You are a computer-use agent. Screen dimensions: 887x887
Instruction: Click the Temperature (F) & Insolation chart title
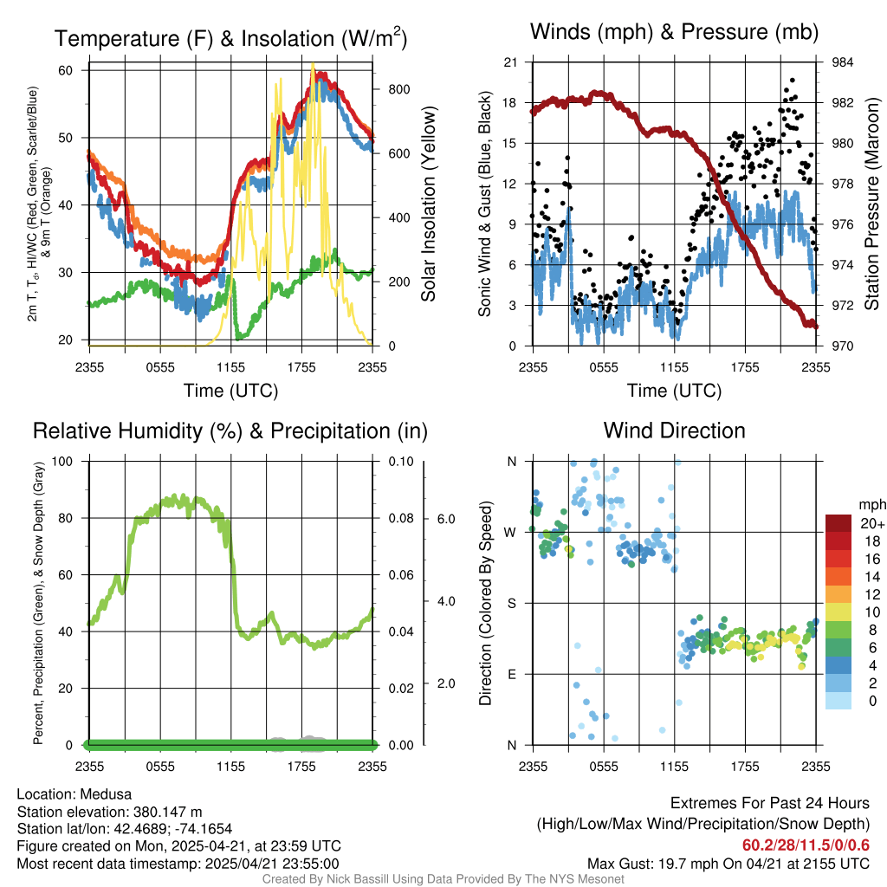(230, 39)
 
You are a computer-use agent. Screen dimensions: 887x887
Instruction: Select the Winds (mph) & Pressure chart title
(675, 32)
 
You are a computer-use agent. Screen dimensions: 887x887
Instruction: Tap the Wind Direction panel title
(675, 431)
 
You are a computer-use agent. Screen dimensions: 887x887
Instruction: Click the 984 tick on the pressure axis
(843, 62)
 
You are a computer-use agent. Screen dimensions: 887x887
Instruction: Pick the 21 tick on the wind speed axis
(510, 62)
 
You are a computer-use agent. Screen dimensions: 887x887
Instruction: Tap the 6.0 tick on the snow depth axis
(445, 519)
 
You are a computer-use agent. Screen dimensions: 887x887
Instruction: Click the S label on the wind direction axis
(511, 603)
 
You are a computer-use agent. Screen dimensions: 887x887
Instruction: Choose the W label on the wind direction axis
(511, 532)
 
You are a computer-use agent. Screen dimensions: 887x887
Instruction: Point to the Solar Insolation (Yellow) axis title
(428, 204)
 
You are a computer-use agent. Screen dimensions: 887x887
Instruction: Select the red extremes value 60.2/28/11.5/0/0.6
(806, 845)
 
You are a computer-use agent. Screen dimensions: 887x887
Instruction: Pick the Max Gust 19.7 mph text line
(728, 864)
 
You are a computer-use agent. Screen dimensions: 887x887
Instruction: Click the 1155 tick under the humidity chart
(231, 767)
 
